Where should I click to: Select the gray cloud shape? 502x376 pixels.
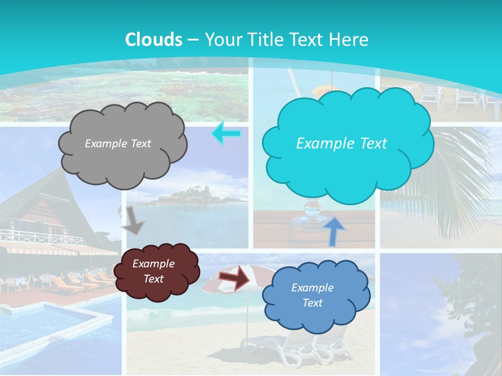[x=122, y=157]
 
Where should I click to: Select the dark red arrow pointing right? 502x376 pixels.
[x=235, y=277]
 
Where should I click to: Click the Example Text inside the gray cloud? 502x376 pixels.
[x=118, y=144]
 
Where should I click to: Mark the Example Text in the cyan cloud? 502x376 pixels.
[x=341, y=144]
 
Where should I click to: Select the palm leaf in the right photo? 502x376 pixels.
[x=460, y=172]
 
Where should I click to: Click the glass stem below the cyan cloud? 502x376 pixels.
[x=312, y=211]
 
